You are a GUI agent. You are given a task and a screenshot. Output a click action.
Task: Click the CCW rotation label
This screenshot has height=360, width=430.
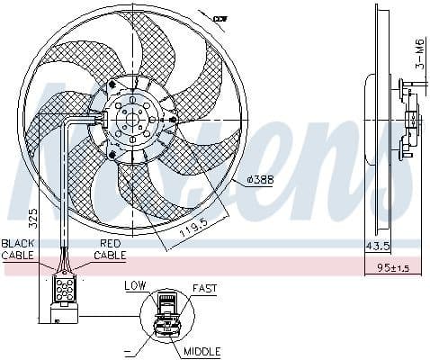tap(219, 17)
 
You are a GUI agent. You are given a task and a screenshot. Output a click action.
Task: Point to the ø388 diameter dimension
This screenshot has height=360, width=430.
tap(261, 178)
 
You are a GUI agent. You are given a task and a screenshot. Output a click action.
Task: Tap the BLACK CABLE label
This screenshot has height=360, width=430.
tap(19, 249)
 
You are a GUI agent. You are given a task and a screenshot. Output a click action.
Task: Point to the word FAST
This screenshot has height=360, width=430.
tap(204, 289)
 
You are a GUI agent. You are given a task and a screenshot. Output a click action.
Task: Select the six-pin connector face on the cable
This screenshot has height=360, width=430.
tap(65, 289)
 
